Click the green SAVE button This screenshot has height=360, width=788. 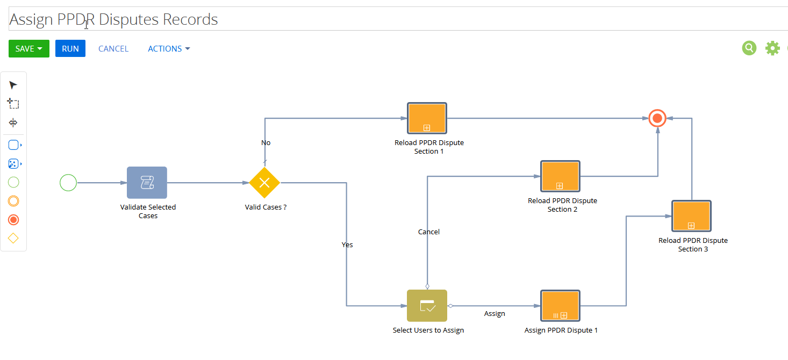click(29, 48)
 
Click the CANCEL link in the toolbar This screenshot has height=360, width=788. click(113, 48)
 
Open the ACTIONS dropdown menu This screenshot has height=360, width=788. click(169, 48)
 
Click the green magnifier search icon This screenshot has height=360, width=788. click(749, 48)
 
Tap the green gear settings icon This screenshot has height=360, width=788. click(772, 48)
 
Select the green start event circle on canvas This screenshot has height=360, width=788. click(68, 183)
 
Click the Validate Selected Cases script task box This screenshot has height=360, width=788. click(147, 183)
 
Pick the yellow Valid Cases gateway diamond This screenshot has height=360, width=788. click(264, 183)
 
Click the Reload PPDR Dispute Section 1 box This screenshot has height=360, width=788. click(427, 118)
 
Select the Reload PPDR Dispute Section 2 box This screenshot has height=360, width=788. click(561, 176)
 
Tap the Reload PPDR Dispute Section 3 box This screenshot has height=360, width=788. click(692, 216)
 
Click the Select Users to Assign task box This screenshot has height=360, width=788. click(427, 306)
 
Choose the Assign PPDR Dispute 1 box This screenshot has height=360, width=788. click(561, 306)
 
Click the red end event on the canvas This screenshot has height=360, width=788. click(657, 118)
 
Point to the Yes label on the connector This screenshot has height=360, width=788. click(347, 244)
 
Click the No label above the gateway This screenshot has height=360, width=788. click(266, 143)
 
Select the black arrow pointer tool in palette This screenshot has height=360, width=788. click(13, 85)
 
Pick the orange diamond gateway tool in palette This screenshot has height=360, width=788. click(13, 239)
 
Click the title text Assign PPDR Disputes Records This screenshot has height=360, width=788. click(113, 19)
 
